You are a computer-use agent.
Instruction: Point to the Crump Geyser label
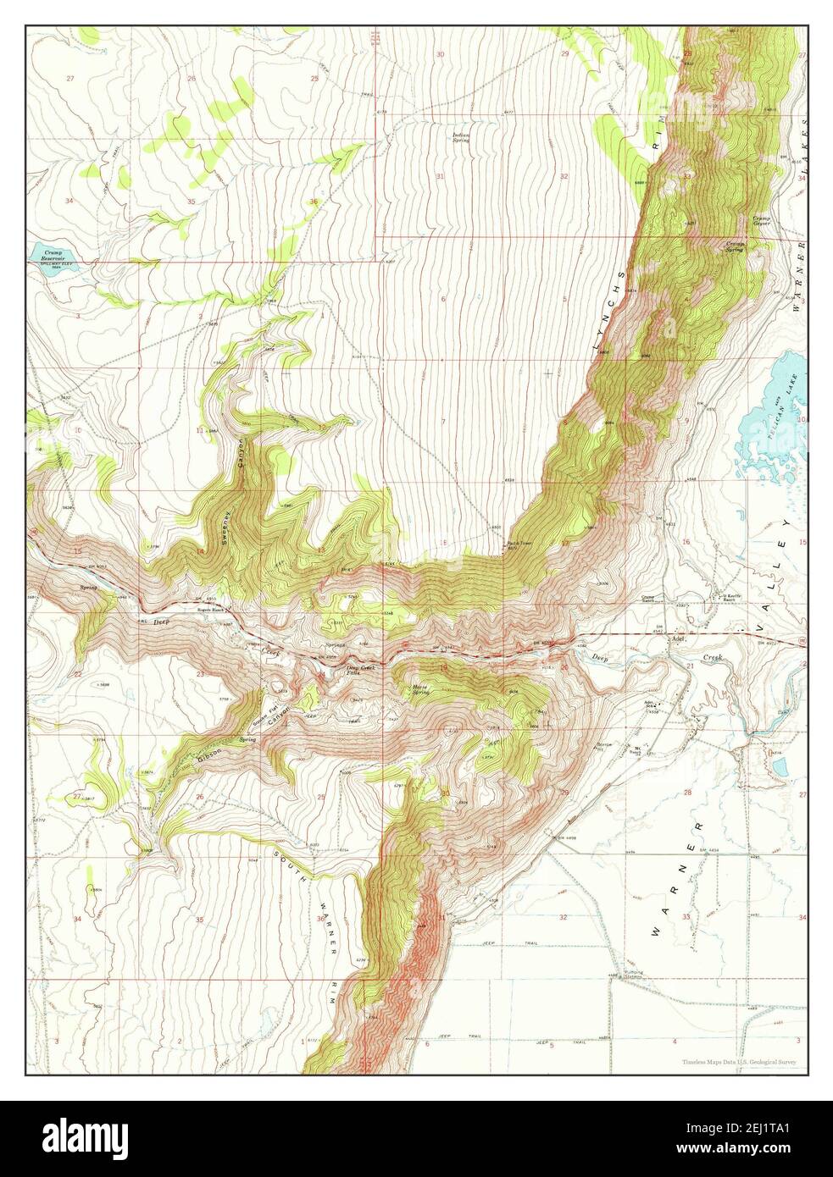[760, 221]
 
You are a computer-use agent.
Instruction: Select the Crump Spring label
[736, 246]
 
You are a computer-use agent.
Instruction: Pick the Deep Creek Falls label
[360, 670]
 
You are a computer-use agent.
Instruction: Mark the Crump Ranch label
[651, 597]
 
